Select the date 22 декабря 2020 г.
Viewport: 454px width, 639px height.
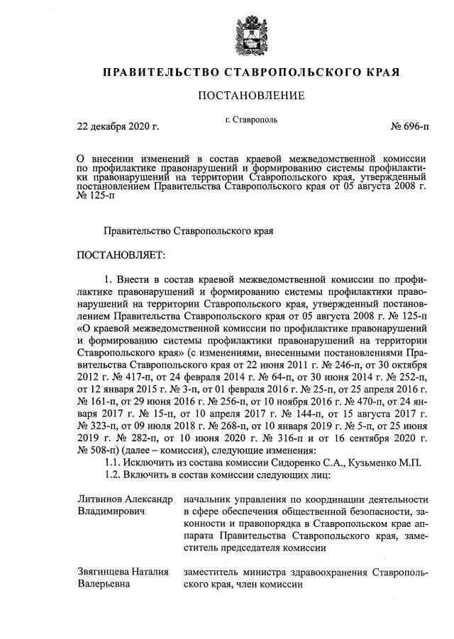click(118, 127)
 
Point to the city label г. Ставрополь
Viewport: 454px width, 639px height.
click(250, 121)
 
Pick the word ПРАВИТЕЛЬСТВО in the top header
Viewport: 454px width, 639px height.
click(160, 72)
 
